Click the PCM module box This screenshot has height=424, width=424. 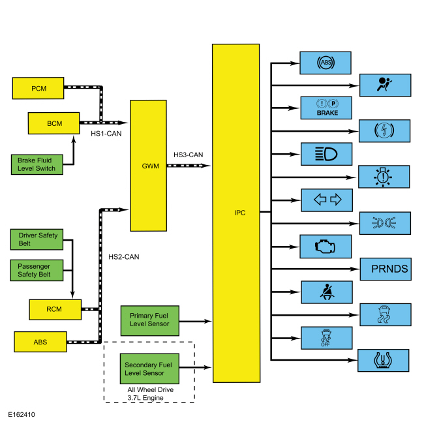[38, 88]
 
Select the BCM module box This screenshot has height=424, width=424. [53, 123]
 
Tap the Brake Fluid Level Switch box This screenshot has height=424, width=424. [37, 164]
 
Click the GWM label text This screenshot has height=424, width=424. [150, 166]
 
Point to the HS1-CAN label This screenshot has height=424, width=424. [106, 134]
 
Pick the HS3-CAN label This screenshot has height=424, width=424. [189, 155]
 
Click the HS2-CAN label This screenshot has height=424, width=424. [123, 256]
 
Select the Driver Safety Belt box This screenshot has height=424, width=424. [37, 239]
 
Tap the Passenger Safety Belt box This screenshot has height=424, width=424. [37, 271]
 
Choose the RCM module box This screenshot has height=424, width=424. [55, 310]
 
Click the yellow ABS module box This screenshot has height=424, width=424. [40, 342]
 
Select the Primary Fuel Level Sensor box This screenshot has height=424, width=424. [150, 321]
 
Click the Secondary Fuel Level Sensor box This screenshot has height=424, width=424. [149, 369]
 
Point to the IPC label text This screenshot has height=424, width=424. [240, 213]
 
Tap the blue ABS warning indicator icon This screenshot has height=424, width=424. [326, 63]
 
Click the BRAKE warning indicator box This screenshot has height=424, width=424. [326, 108]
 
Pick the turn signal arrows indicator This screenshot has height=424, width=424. [327, 200]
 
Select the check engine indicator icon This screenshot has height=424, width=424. [325, 247]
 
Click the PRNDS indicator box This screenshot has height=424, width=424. [386, 269]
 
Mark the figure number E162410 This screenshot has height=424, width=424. [22, 414]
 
